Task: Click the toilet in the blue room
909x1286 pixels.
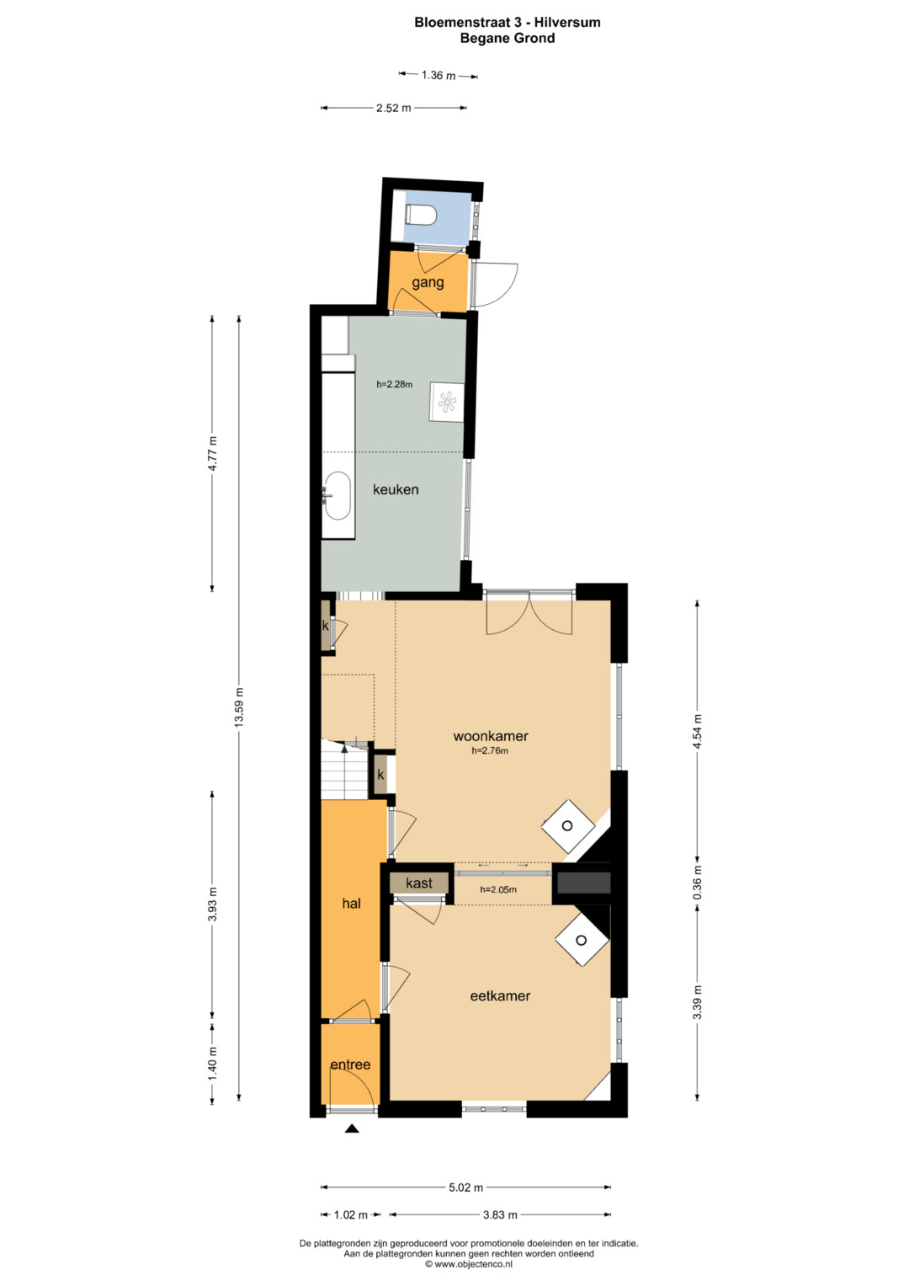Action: (421, 214)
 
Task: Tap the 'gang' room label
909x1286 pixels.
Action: (428, 282)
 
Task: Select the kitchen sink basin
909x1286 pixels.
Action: (338, 497)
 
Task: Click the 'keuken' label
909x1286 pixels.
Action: (396, 489)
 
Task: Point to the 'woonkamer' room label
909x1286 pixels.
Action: (491, 736)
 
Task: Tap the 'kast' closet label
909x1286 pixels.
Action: (419, 883)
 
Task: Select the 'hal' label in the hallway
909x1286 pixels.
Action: (351, 904)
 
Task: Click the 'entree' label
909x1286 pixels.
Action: (350, 1065)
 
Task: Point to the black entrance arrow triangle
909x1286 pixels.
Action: (352, 1129)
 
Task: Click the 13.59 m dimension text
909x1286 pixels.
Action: (239, 707)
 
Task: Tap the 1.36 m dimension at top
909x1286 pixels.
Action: (439, 75)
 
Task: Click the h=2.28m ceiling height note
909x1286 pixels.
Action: (394, 385)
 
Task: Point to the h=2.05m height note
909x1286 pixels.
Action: (498, 890)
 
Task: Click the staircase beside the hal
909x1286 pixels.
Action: (344, 770)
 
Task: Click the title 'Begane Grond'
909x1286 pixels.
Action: (508, 39)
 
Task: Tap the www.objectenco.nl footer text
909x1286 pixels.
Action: (468, 1263)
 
